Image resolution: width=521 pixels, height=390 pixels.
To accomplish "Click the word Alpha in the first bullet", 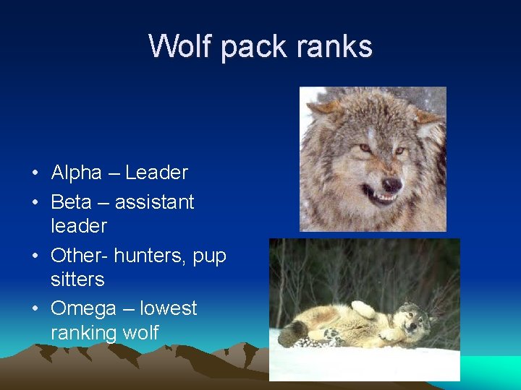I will pyautogui.click(x=77, y=173).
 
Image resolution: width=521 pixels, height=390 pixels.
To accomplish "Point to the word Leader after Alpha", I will pyautogui.click(x=156, y=173).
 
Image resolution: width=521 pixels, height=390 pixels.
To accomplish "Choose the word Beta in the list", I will pyautogui.click(x=71, y=201).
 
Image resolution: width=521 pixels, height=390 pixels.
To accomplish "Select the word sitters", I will pyautogui.click(x=77, y=279).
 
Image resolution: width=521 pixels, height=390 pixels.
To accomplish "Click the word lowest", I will pyautogui.click(x=168, y=308).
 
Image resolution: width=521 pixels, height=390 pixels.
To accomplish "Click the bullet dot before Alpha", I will pyautogui.click(x=35, y=174).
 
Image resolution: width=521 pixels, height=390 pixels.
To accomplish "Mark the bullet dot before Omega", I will pyautogui.click(x=35, y=310).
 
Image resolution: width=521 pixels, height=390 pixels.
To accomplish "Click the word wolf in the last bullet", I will pyautogui.click(x=140, y=333).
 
